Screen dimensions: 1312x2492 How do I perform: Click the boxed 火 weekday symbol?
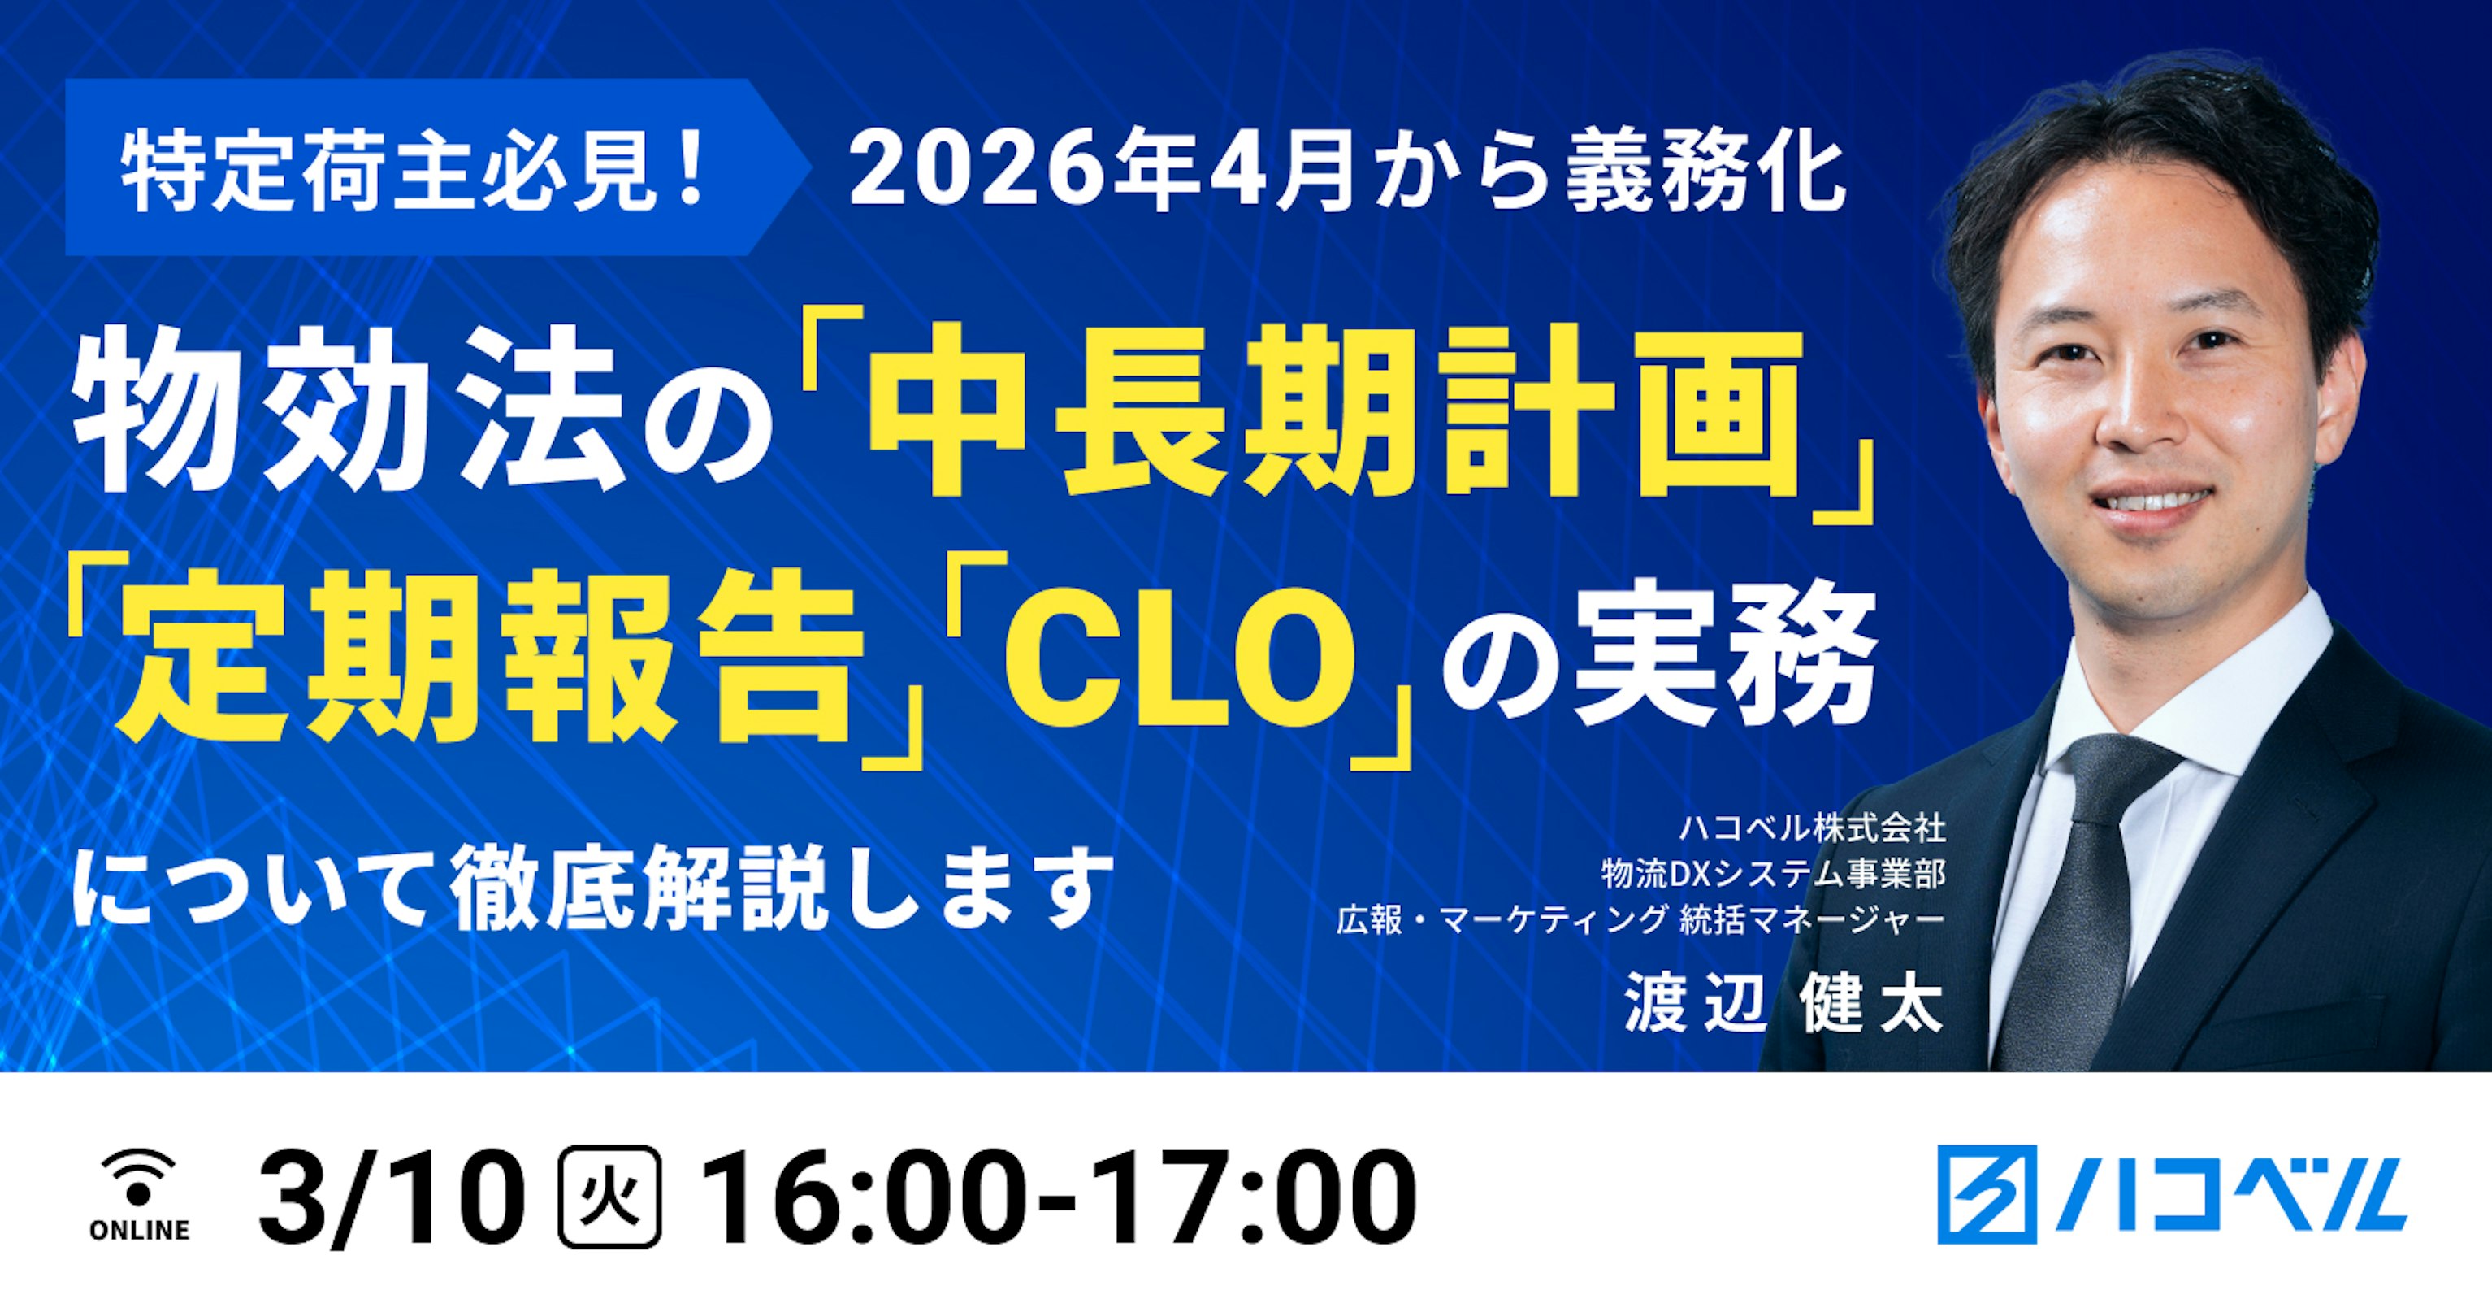610,1200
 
